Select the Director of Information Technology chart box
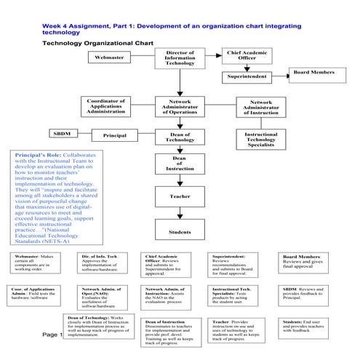pos(180,57)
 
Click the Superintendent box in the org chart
pos(247,76)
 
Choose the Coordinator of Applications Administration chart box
pos(106,106)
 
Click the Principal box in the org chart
pos(115,135)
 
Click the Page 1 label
pos(53,335)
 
